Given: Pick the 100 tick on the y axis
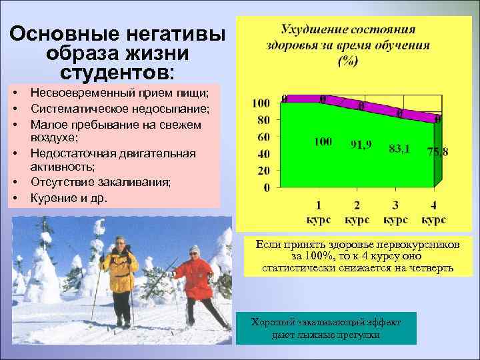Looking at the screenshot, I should tap(261, 103).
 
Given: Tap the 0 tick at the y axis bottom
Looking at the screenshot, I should tap(267, 188).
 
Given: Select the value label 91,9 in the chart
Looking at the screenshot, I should tap(361, 143).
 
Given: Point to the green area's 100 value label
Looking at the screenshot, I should tap(323, 142).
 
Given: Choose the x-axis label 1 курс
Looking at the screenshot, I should tap(319, 212).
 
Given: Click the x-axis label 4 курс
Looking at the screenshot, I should tap(434, 212).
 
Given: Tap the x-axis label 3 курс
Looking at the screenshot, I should tap(395, 212).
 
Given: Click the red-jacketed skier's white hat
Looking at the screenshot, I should tap(194, 250).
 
